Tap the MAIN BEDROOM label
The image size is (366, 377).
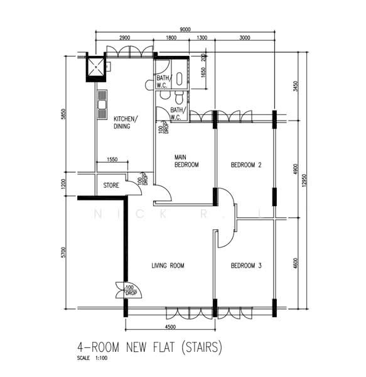coord(186,161)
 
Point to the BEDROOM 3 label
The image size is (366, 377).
coord(246,266)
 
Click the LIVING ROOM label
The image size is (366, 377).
coord(168,266)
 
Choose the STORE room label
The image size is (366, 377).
coord(111,185)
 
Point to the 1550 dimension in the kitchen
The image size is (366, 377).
coord(113,160)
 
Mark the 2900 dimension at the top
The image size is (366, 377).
coord(124,38)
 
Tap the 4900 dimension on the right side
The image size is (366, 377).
coord(294,172)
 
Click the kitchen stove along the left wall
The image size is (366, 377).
coord(102,104)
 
